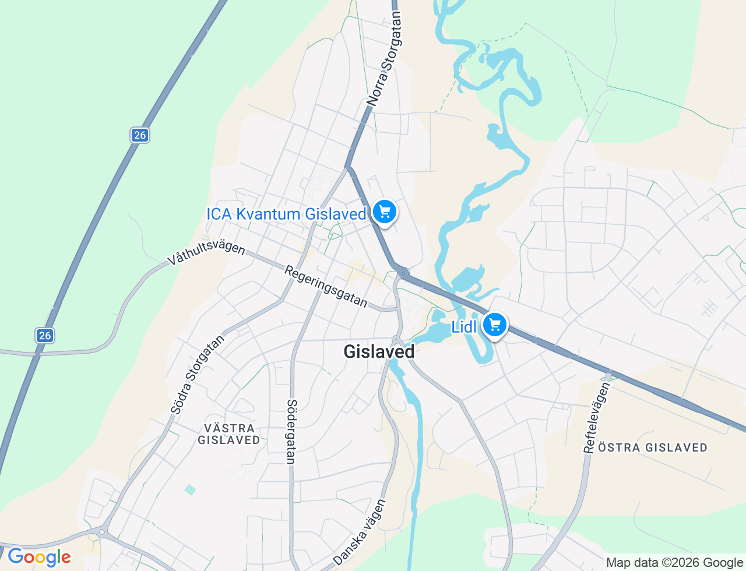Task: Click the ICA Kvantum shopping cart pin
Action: pyautogui.click(x=384, y=212)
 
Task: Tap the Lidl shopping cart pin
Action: pyautogui.click(x=495, y=325)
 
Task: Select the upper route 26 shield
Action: pyautogui.click(x=139, y=135)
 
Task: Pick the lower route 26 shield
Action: pyautogui.click(x=45, y=336)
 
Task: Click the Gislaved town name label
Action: pyautogui.click(x=379, y=351)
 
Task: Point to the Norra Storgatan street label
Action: pyautogui.click(x=385, y=59)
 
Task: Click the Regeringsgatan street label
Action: pyautogui.click(x=326, y=286)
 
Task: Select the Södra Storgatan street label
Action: pyautogui.click(x=198, y=375)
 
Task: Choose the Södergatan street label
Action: pyautogui.click(x=291, y=431)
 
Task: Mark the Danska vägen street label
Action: pyautogui.click(x=360, y=532)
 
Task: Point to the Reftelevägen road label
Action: pyautogui.click(x=596, y=417)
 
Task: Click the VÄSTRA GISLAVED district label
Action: pyautogui.click(x=229, y=434)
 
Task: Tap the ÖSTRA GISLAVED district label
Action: pyautogui.click(x=653, y=447)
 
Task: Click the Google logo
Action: pyautogui.click(x=39, y=557)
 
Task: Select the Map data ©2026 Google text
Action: pyautogui.click(x=674, y=562)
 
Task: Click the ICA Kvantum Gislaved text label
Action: pyautogui.click(x=286, y=214)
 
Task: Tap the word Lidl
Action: pyautogui.click(x=464, y=327)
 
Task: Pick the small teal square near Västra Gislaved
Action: pyautogui.click(x=190, y=489)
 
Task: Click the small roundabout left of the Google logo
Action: pyautogui.click(x=102, y=532)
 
